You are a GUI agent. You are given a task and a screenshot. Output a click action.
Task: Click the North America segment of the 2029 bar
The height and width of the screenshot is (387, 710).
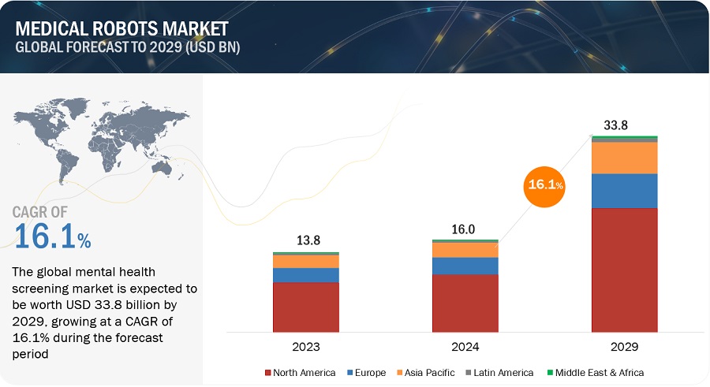point(625,270)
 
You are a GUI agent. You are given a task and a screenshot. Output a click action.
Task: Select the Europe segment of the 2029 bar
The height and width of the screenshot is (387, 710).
point(625,191)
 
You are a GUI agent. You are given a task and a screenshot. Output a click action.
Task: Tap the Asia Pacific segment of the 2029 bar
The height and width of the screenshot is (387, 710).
point(625,158)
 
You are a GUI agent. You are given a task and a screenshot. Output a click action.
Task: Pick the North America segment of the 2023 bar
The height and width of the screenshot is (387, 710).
point(306,307)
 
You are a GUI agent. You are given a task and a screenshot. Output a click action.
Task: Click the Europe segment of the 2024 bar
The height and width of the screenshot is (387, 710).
point(465,266)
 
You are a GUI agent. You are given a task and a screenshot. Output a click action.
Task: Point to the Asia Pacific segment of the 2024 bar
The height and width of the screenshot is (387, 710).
point(465,250)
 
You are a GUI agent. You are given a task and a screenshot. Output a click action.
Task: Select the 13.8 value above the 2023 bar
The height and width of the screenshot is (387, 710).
point(306,240)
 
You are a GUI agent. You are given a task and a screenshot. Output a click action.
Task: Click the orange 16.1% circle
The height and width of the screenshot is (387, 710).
point(545,185)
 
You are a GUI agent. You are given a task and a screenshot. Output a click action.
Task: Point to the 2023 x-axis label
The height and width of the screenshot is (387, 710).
point(306,346)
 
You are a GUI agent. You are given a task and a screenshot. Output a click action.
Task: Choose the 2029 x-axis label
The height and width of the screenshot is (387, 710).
point(625,346)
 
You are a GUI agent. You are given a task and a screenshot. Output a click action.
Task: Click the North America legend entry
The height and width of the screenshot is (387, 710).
point(302,372)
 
